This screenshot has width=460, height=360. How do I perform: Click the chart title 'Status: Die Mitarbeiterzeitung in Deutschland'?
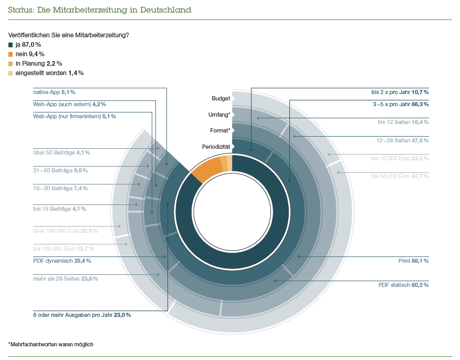(x=100, y=10)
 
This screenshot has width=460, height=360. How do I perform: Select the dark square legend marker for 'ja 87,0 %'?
(x=11, y=45)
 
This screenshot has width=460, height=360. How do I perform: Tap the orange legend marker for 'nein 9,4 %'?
(x=11, y=54)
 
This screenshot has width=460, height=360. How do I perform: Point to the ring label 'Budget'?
(x=221, y=98)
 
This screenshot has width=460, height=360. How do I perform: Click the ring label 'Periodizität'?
(x=216, y=146)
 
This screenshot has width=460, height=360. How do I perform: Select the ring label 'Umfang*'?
(x=219, y=114)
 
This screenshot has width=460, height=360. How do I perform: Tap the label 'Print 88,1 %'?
(x=413, y=260)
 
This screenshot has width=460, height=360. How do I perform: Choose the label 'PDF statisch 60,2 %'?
(x=403, y=285)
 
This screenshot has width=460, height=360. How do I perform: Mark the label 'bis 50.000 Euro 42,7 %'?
(x=400, y=176)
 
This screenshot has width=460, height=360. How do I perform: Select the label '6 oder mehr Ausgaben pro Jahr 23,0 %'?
(x=82, y=315)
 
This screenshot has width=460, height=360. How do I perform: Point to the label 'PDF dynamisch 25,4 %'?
(x=62, y=260)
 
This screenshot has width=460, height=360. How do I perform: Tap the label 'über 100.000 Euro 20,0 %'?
(x=65, y=231)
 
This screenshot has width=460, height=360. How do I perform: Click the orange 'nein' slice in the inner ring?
(x=206, y=168)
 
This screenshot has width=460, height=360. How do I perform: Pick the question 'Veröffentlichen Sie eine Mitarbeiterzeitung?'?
(x=68, y=35)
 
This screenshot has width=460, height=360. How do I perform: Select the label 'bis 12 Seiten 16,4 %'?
(x=403, y=122)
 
